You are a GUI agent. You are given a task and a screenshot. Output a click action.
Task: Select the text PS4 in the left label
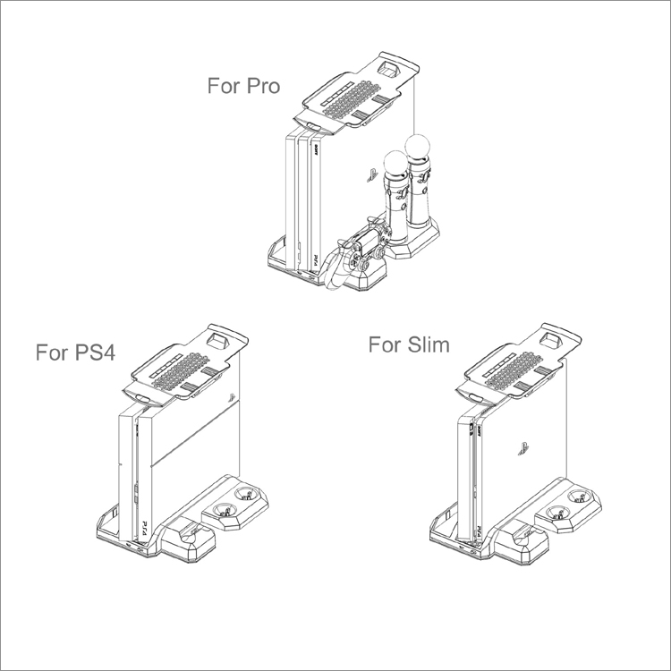pos(95,352)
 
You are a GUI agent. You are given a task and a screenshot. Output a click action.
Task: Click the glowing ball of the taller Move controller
pos(416,149)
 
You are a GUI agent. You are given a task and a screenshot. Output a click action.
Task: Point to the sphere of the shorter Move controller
pos(396,163)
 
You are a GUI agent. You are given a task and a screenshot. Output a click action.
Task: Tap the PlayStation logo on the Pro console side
pos(372,175)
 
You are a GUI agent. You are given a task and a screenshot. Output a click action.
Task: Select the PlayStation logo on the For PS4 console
pos(233,397)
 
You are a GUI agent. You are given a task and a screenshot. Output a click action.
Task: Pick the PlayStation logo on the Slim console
pos(523,448)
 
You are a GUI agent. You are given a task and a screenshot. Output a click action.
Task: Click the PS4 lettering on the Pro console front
pos(313,260)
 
